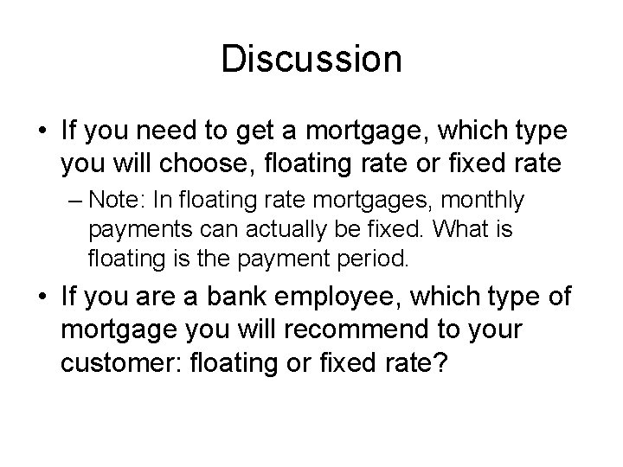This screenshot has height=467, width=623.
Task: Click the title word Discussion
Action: point(311,59)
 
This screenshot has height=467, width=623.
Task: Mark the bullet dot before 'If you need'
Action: point(39,134)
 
